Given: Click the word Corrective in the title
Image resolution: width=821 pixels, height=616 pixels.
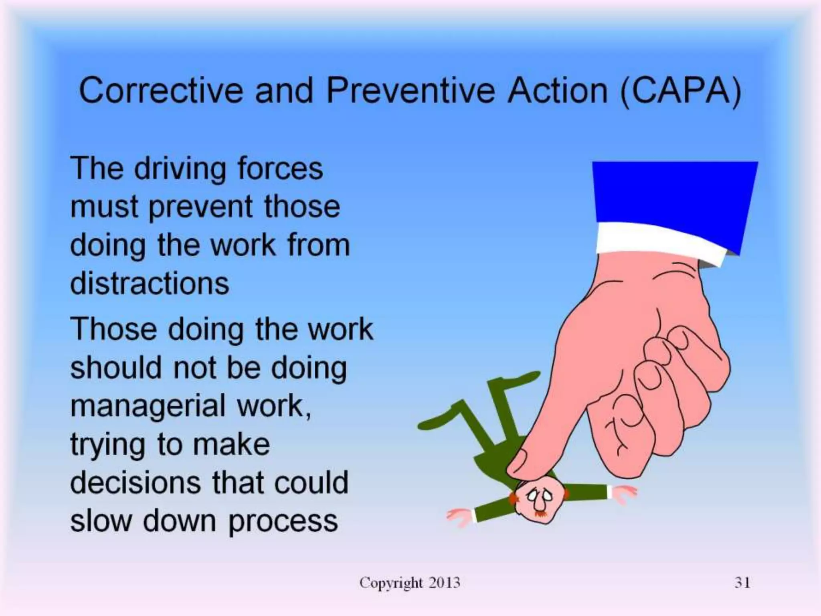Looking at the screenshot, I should click(x=160, y=91).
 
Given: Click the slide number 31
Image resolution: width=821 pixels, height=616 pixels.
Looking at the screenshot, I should click(x=742, y=582).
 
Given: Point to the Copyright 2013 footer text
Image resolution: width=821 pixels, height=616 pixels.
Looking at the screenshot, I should click(x=410, y=582).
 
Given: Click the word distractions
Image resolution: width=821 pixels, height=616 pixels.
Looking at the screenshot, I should click(x=150, y=283).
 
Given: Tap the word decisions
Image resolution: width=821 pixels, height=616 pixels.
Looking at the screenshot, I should click(x=135, y=482).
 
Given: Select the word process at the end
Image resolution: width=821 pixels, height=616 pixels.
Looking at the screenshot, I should click(x=283, y=521).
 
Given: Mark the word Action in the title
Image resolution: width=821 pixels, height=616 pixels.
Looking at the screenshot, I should click(x=557, y=91).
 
